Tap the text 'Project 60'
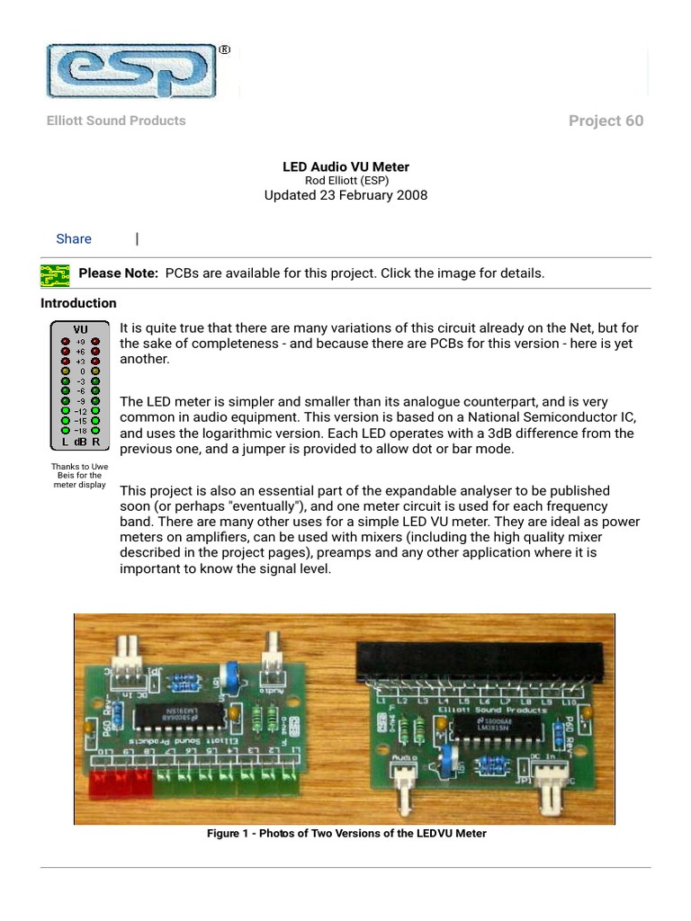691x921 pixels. [x=606, y=121]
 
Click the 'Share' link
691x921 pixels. [x=74, y=238]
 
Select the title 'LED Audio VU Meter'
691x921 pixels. [x=345, y=167]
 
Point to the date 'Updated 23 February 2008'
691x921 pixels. [x=345, y=195]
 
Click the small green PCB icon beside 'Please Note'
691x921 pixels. [x=55, y=273]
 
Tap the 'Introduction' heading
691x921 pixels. [x=78, y=303]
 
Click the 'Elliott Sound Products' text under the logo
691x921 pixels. [x=116, y=121]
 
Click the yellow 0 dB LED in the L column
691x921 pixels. [x=65, y=371]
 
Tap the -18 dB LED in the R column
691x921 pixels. [x=96, y=430]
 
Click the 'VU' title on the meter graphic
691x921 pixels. [x=80, y=329]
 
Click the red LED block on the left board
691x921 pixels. [x=121, y=784]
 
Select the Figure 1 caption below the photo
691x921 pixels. [x=346, y=834]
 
